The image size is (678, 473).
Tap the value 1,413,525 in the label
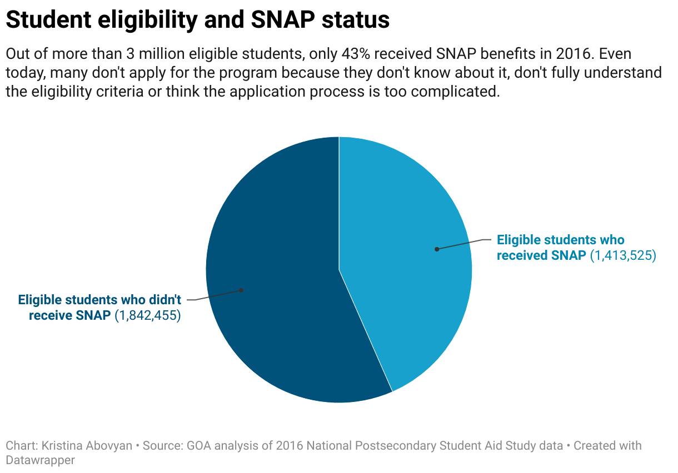(623, 256)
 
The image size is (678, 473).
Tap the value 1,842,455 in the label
(148, 316)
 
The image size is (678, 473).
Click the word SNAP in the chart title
(282, 20)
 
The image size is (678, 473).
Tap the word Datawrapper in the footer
(40, 460)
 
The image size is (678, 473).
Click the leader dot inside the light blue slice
(437, 249)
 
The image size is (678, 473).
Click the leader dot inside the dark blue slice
(241, 290)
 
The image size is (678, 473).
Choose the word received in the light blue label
(522, 256)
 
